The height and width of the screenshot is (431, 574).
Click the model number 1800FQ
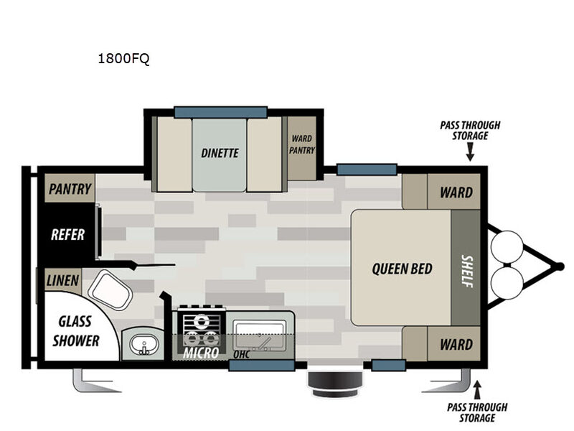123,59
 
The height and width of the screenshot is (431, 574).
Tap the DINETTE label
220,153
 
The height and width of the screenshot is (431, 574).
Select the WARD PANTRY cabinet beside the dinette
301,148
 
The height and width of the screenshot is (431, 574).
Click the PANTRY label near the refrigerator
70,189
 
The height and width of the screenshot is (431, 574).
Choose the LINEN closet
62,280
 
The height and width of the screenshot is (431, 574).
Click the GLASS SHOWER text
75,331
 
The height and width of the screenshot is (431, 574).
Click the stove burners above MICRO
201,328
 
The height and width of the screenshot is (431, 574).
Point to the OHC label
242,354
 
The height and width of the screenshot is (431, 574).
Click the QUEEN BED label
402,269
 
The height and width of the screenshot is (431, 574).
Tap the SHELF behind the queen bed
465,267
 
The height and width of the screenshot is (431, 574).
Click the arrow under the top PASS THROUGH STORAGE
470,152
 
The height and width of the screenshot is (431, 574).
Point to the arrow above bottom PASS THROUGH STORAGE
477,390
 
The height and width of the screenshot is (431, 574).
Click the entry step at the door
334,384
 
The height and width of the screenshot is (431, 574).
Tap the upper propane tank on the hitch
507,246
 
